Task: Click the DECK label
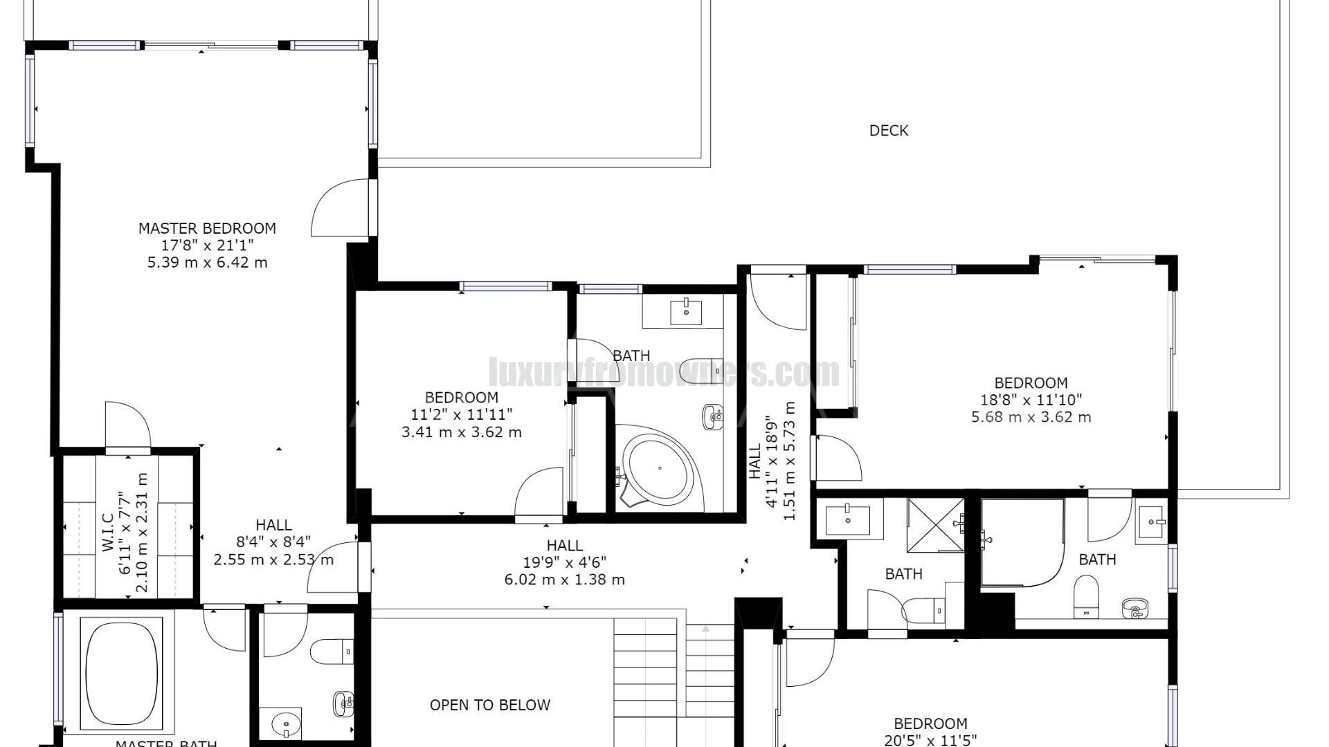click(888, 130)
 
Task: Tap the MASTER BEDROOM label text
click(207, 228)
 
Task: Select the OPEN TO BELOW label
click(489, 705)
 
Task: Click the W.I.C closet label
click(107, 533)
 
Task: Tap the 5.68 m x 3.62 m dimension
click(1031, 417)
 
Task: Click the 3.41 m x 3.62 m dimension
click(461, 432)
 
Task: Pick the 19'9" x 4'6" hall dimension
click(564, 562)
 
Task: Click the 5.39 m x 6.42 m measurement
click(207, 263)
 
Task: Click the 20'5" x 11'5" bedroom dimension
click(930, 740)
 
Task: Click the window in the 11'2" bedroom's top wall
click(506, 286)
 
